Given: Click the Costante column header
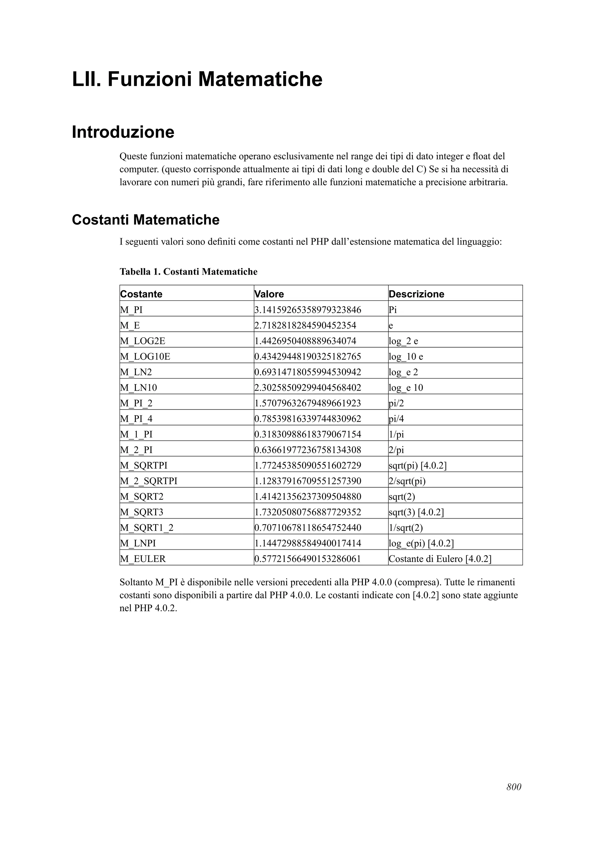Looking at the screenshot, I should click(x=141, y=294).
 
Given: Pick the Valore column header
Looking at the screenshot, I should click(x=269, y=294).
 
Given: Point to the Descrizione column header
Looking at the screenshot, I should click(x=416, y=294).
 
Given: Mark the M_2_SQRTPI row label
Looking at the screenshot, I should click(x=148, y=481).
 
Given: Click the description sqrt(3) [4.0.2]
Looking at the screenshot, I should click(x=416, y=512).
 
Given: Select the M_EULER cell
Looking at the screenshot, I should click(x=143, y=559).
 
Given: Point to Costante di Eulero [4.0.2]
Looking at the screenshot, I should click(x=440, y=559).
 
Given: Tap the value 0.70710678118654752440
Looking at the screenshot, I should click(x=308, y=528).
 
